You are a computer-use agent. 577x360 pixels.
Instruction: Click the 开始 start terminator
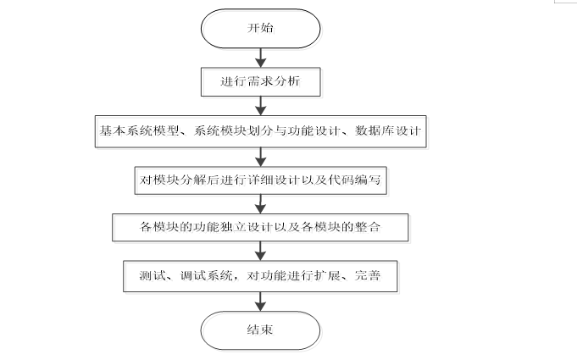(x=260, y=28)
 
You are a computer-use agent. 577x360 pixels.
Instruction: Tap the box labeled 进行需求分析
(x=261, y=82)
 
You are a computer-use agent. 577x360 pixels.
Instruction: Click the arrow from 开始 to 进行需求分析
(x=261, y=56)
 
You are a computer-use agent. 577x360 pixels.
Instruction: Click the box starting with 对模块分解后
(x=261, y=180)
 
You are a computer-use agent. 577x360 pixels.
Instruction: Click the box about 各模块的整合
(x=261, y=227)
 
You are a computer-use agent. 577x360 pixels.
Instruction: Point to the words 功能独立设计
(x=215, y=227)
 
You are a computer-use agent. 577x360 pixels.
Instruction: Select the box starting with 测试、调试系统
(x=261, y=276)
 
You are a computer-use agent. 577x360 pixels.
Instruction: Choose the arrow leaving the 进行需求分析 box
(x=261, y=105)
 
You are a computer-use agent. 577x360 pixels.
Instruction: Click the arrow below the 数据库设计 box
(x=261, y=155)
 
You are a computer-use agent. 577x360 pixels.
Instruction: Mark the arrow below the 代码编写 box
(x=261, y=203)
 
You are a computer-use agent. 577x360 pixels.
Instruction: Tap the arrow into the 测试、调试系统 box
(x=261, y=252)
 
